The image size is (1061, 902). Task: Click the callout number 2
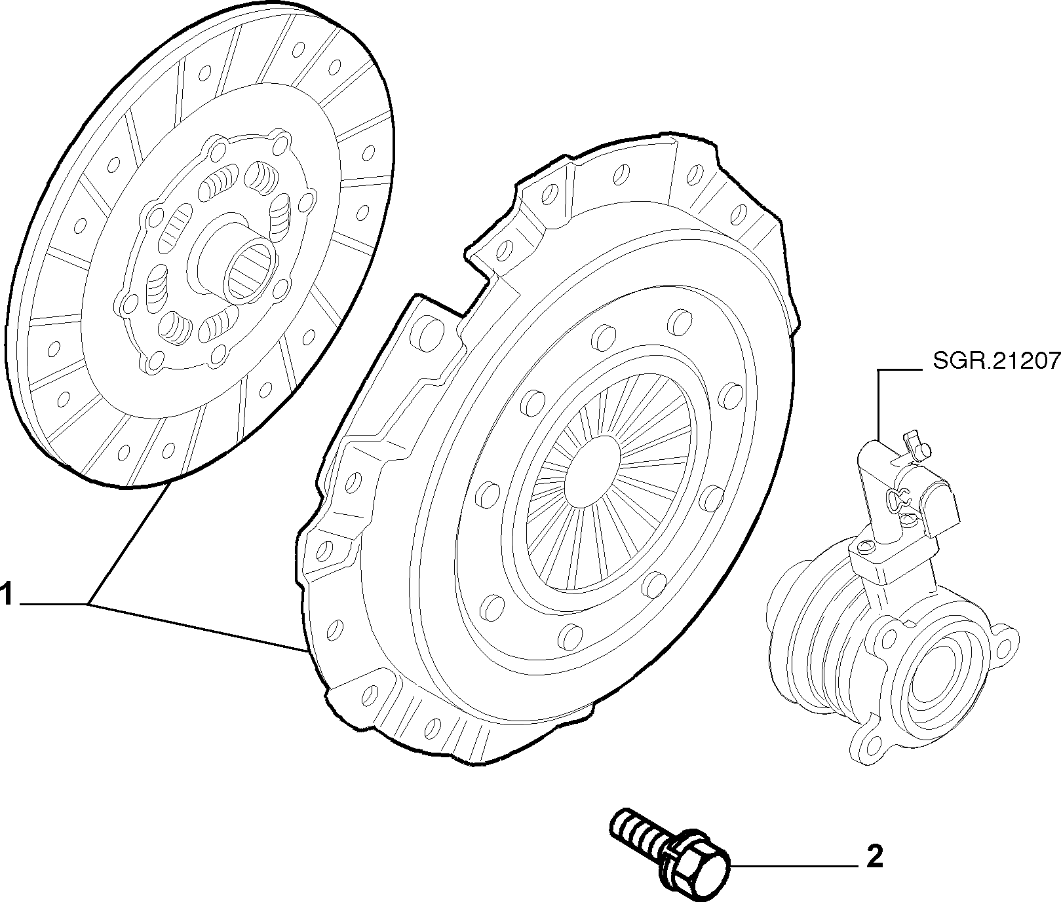tap(874, 857)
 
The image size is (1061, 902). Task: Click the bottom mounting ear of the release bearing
tap(868, 744)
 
